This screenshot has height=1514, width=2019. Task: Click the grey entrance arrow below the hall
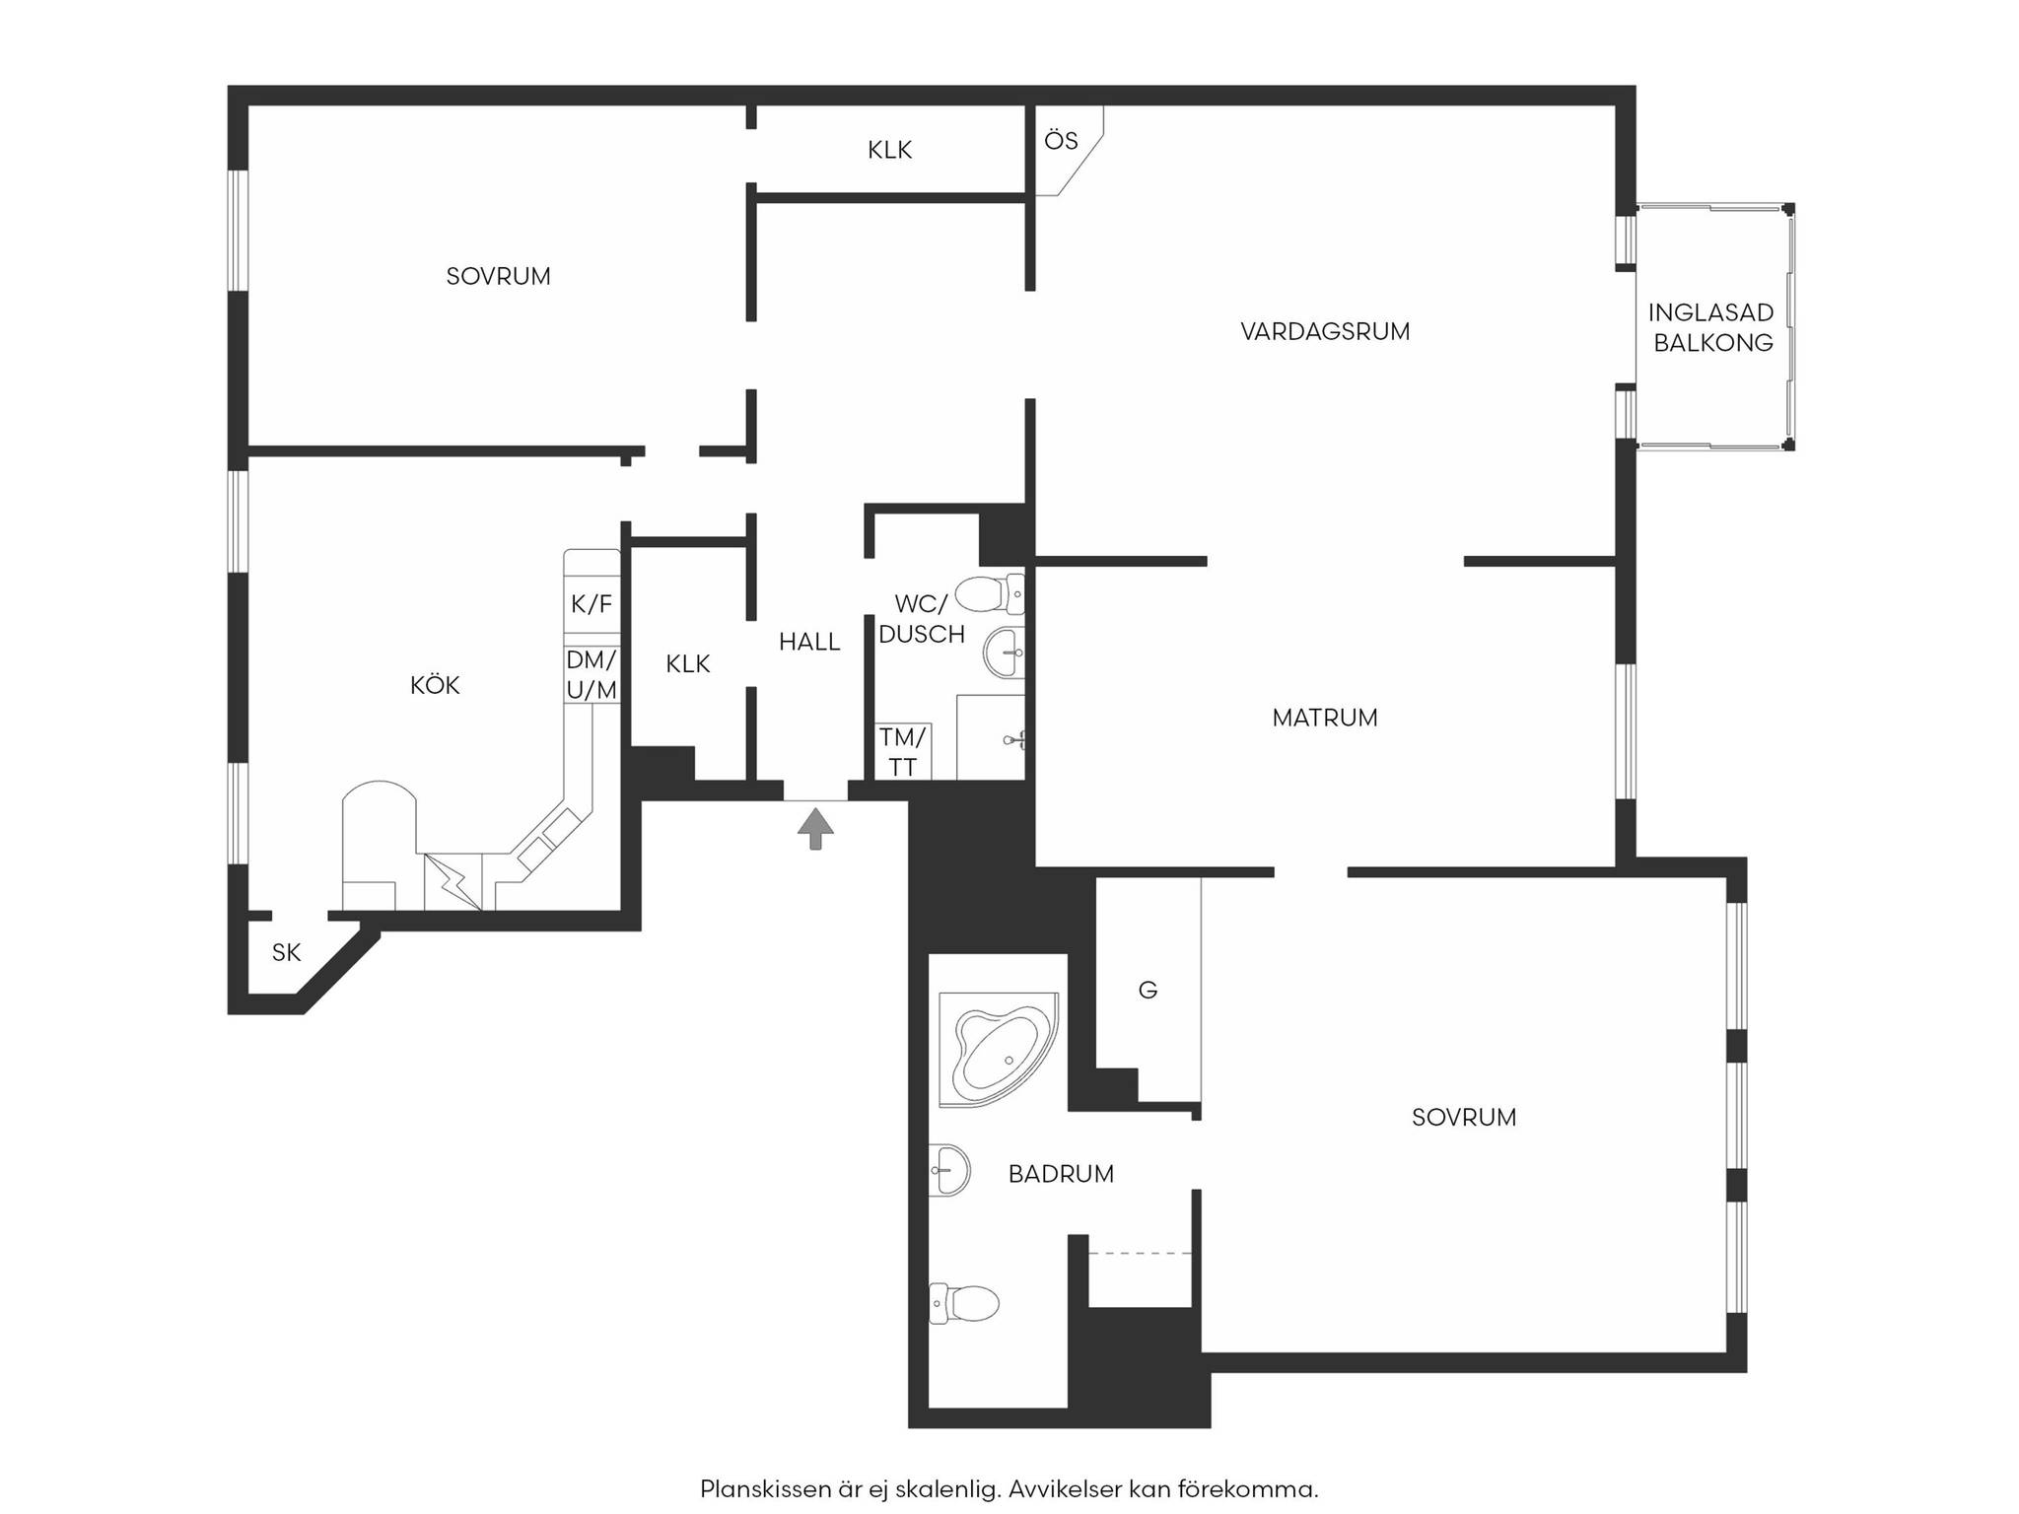click(x=815, y=828)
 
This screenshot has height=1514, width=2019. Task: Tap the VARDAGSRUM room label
click(x=1325, y=331)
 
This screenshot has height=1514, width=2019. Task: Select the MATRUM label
click(x=1325, y=718)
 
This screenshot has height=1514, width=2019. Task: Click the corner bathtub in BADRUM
click(x=999, y=1050)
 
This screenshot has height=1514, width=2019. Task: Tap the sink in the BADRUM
click(x=949, y=1170)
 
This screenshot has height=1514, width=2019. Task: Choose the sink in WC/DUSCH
click(x=1004, y=652)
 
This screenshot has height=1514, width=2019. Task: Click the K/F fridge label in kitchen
click(x=592, y=604)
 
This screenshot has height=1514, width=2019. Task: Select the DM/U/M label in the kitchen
click(x=592, y=675)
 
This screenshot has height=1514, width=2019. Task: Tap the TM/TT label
click(x=903, y=752)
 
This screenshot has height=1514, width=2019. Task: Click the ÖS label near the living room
click(x=1061, y=141)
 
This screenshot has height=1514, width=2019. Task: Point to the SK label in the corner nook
click(x=286, y=952)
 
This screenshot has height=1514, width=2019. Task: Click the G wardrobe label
click(x=1148, y=990)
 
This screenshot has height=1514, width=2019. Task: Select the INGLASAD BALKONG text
click(x=1712, y=327)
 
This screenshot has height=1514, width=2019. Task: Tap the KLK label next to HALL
click(x=687, y=664)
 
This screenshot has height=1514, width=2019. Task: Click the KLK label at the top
click(x=889, y=150)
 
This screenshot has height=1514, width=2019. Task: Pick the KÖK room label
click(x=435, y=685)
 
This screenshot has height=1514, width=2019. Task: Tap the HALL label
click(x=809, y=642)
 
